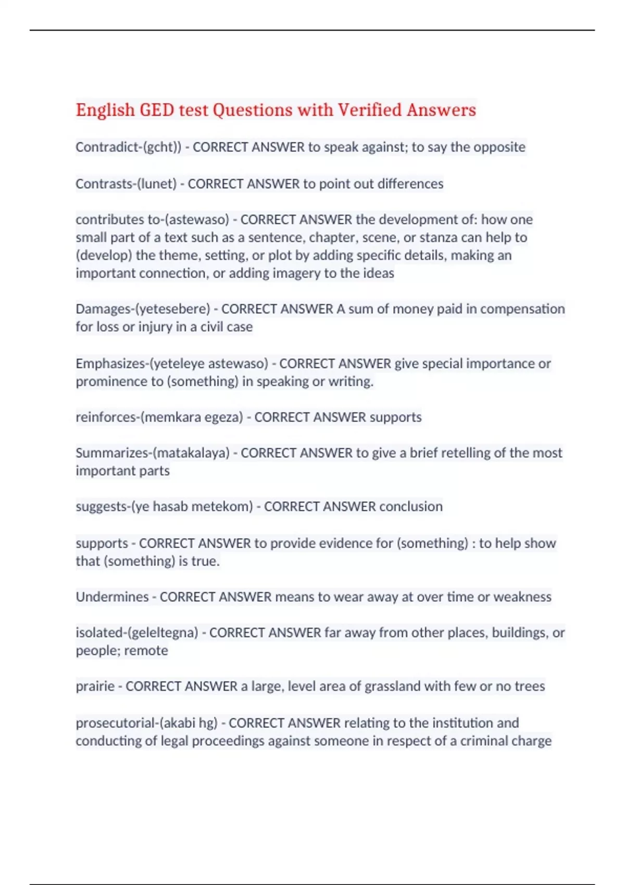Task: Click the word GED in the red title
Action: click(x=157, y=110)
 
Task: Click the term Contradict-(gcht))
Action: click(x=128, y=147)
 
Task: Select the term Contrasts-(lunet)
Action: click(x=126, y=184)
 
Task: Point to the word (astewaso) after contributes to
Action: click(x=197, y=220)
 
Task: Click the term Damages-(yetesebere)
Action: click(x=143, y=309)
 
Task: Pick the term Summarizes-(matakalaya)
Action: click(x=153, y=453)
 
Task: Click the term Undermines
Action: click(x=112, y=597)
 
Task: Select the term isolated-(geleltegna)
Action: click(x=137, y=633)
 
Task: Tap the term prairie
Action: click(x=95, y=687)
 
